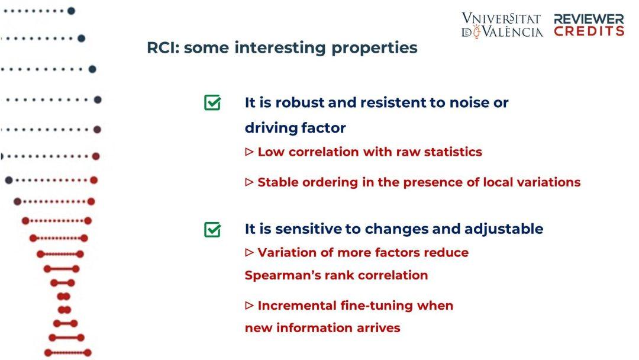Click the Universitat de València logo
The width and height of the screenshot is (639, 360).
(x=502, y=25)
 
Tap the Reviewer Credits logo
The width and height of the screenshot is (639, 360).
(x=589, y=25)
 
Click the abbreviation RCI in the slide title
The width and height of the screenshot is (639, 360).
(x=163, y=48)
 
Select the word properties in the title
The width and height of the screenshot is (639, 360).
(x=374, y=48)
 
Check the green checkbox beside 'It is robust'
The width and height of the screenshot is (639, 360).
(x=212, y=103)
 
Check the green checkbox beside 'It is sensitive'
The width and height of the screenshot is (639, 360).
(x=212, y=230)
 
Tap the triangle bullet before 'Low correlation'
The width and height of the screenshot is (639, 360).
(x=250, y=152)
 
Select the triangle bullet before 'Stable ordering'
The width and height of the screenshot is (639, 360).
(x=250, y=182)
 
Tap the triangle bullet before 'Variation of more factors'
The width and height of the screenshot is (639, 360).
(x=250, y=252)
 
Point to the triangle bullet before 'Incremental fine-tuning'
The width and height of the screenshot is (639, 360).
(x=250, y=306)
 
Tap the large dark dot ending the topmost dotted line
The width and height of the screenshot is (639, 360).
(x=71, y=11)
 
